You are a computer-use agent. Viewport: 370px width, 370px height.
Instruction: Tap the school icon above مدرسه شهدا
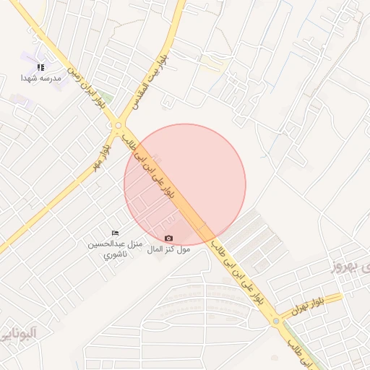coord(40,67)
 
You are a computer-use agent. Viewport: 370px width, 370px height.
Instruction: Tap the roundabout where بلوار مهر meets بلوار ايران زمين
coord(118,126)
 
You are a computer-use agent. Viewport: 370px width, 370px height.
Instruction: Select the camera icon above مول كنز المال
coord(168,238)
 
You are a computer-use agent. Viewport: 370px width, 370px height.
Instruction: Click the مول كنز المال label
coord(168,249)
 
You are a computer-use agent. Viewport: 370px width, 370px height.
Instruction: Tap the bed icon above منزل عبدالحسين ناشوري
coord(115,233)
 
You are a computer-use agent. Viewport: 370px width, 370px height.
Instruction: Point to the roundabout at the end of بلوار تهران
coord(275,321)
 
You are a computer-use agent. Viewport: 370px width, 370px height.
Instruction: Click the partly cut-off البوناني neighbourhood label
coord(18,333)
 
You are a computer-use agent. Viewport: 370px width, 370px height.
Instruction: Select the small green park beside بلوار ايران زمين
coord(107,97)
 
